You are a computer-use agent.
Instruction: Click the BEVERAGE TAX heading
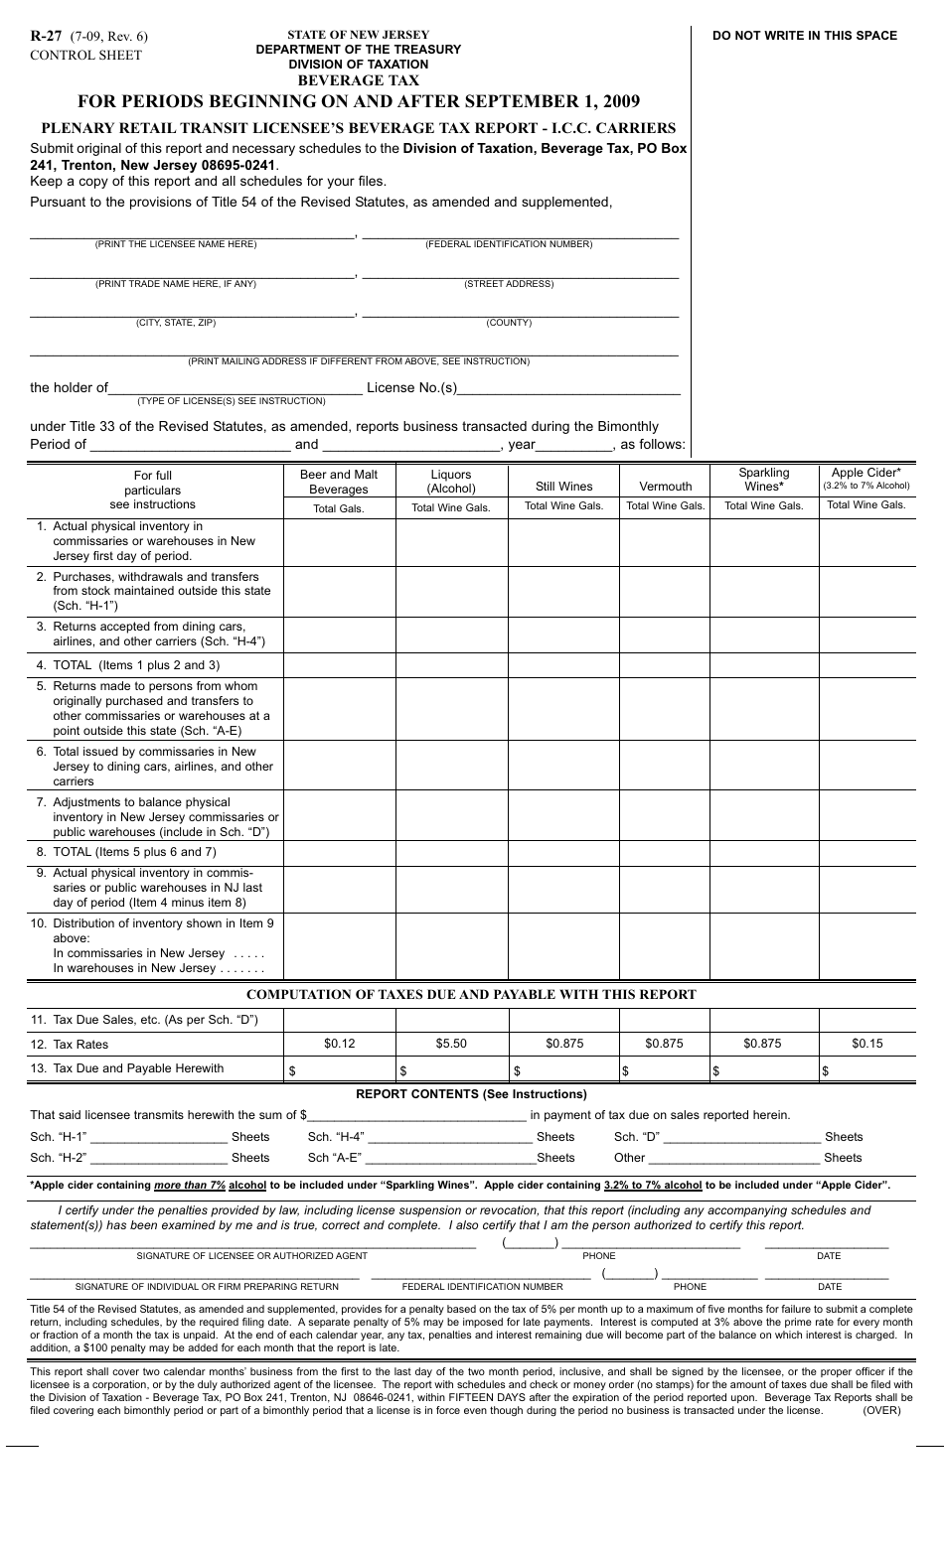(x=359, y=80)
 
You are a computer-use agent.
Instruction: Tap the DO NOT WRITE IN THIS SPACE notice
(x=804, y=36)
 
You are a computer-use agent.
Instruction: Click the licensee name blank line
(x=191, y=234)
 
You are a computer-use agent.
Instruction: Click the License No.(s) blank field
(x=568, y=388)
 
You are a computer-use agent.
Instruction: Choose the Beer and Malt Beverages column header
(x=339, y=482)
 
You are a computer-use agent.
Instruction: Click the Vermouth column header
(x=665, y=487)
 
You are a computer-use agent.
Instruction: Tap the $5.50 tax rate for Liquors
(x=451, y=1044)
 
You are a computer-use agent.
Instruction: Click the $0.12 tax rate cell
(x=339, y=1044)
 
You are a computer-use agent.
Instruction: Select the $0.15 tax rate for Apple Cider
(x=866, y=1044)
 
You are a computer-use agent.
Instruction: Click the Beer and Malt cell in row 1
(x=339, y=541)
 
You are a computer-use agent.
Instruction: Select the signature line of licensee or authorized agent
(x=252, y=1245)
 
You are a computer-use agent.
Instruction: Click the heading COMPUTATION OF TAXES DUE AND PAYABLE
(x=471, y=994)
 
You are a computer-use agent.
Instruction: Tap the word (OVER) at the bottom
(x=881, y=1410)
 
